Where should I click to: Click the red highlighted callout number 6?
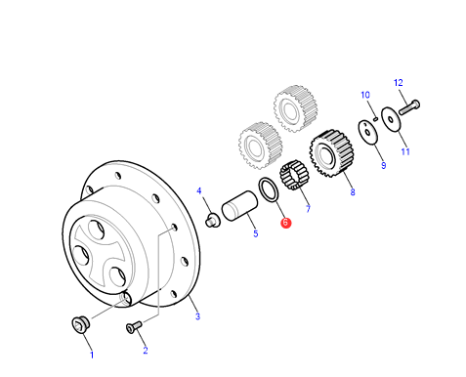(285, 223)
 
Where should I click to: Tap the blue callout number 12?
(398, 83)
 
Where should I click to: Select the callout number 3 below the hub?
(197, 316)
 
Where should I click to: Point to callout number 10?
(365, 95)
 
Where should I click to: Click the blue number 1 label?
(92, 355)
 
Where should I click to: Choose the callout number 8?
(353, 192)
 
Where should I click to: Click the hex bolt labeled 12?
(409, 107)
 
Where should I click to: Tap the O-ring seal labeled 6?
(269, 189)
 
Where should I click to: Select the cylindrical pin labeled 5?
(239, 206)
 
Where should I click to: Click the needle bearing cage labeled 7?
(295, 175)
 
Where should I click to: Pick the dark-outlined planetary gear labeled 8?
(331, 153)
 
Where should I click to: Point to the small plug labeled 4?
(213, 220)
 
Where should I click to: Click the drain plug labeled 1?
(80, 323)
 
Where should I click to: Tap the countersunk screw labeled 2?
(134, 327)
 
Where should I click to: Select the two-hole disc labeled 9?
(368, 132)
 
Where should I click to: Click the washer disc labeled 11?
(391, 119)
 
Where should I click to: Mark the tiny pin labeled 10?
(375, 119)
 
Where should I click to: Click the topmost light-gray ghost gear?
(295, 108)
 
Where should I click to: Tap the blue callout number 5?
(256, 233)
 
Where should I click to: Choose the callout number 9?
(384, 165)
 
